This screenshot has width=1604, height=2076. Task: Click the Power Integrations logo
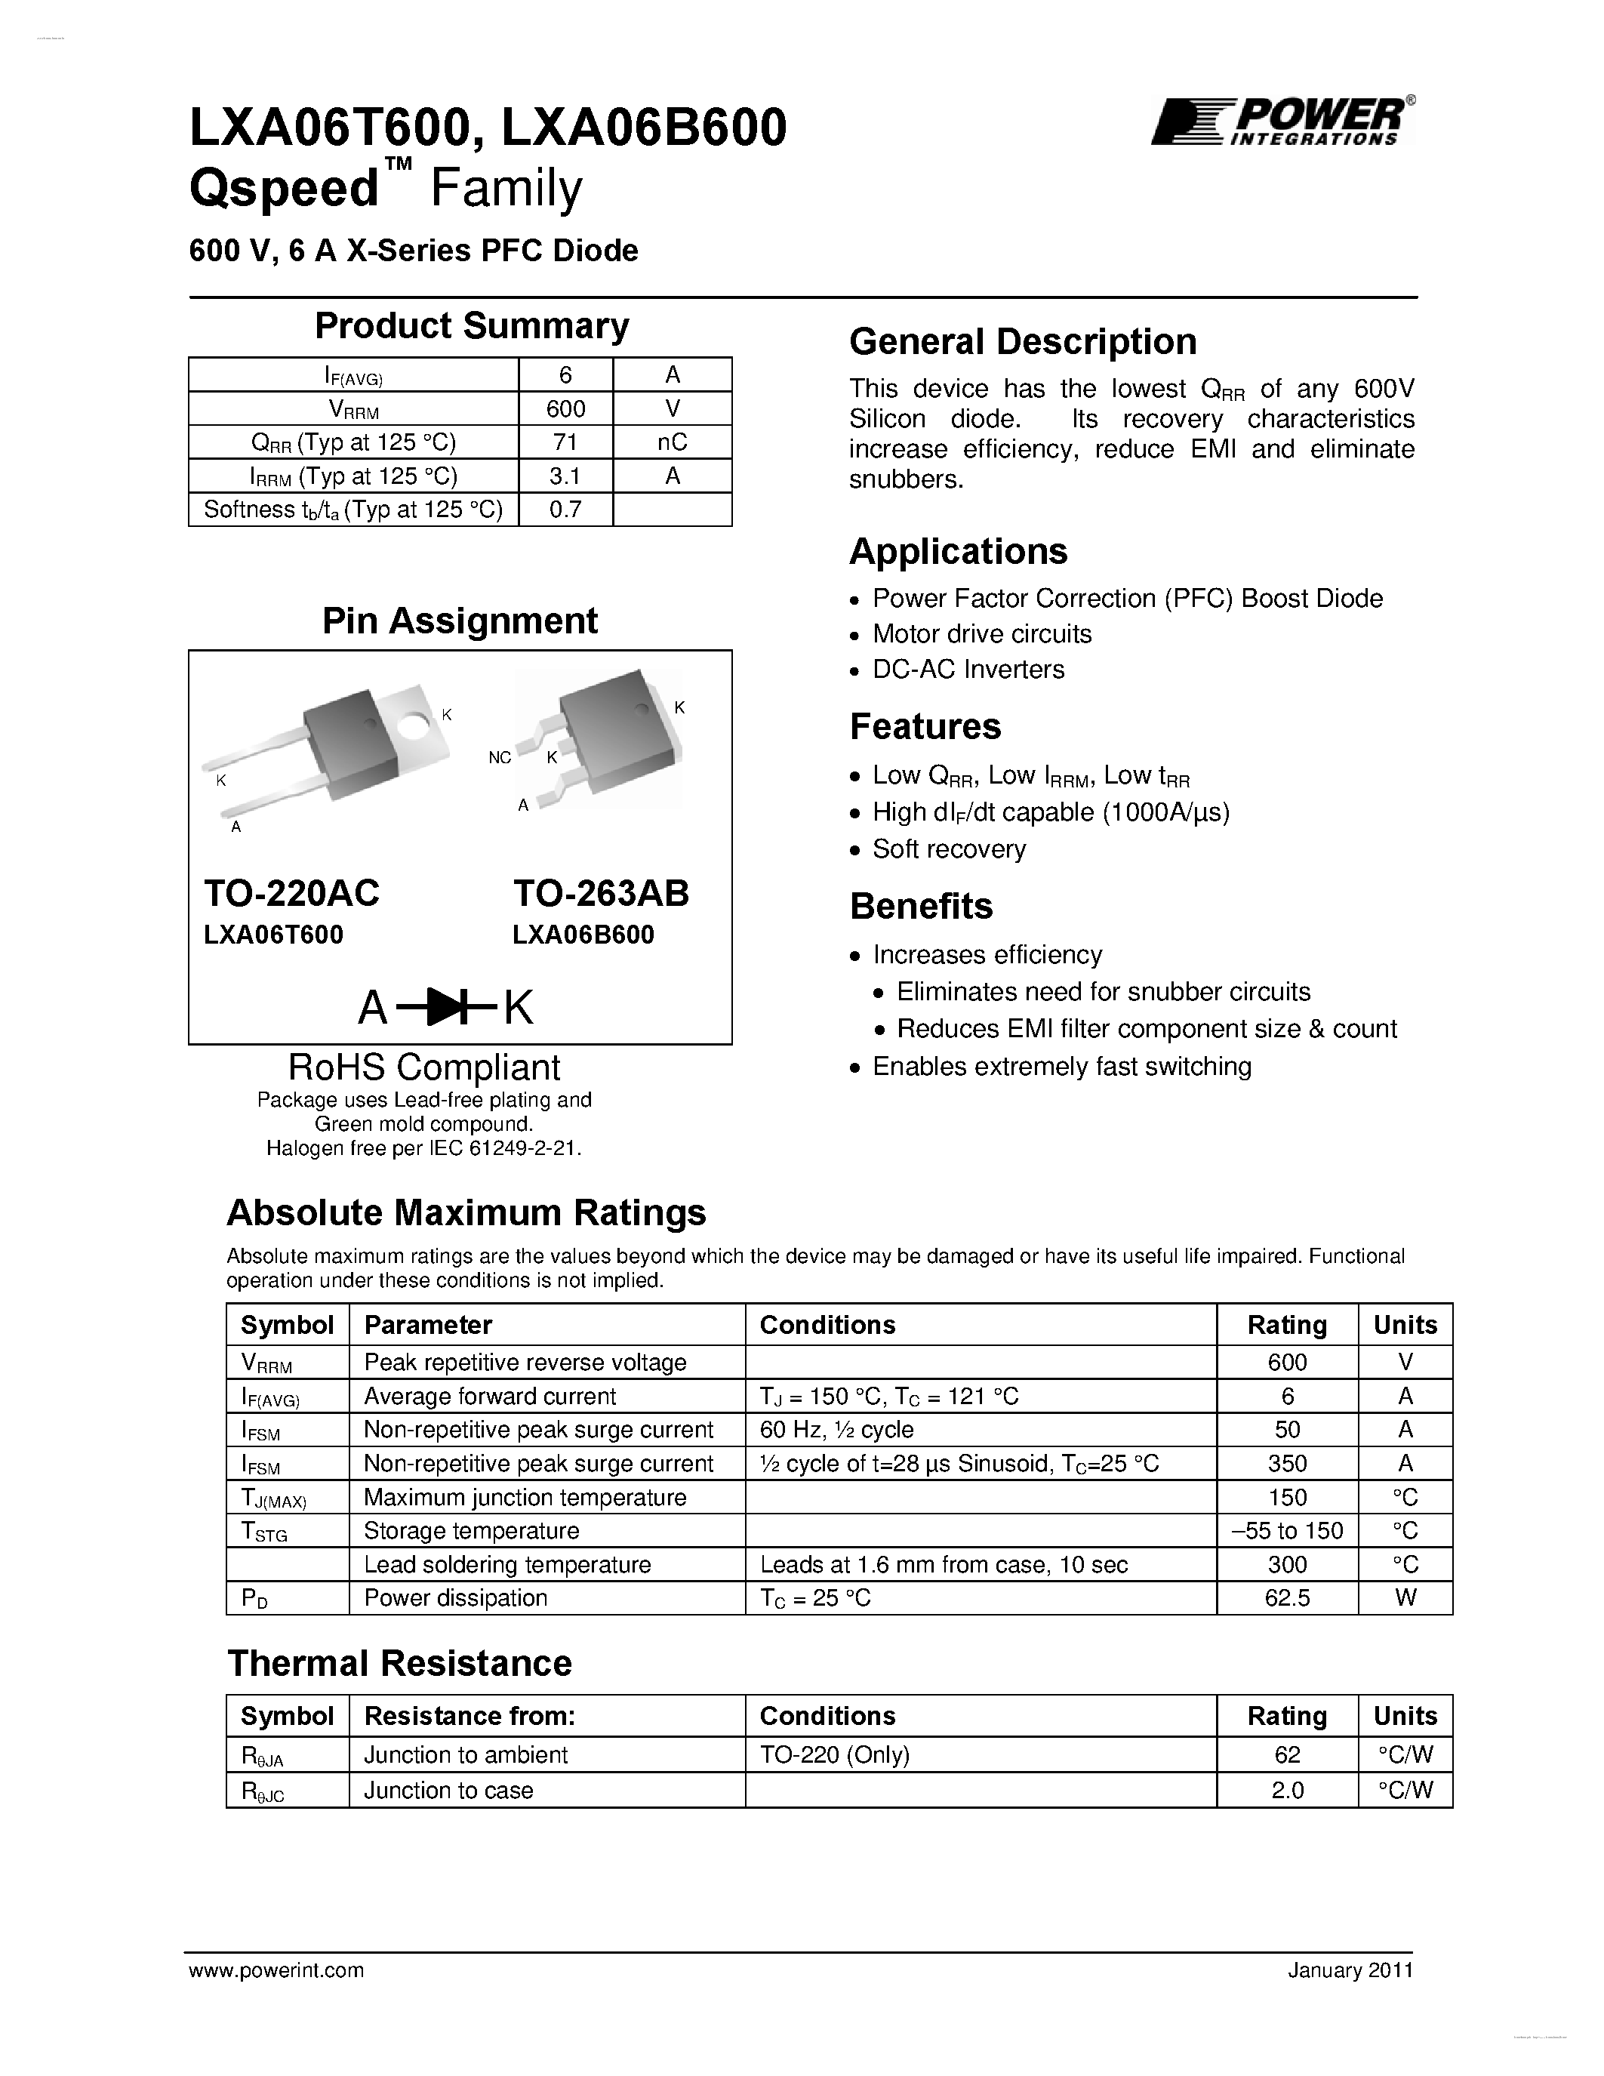1282,122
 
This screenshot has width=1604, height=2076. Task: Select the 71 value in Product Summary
565,442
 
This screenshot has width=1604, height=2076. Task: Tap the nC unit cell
672,442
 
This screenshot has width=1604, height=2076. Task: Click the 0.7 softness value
565,510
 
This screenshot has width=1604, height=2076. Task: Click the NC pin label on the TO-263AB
500,758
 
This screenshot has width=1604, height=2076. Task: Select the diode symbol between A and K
445,1008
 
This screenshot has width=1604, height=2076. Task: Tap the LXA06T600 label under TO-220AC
274,935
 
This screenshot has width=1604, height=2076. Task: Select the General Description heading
1023,342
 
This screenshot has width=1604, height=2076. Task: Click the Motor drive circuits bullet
981,634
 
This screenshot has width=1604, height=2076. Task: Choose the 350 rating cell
1287,1464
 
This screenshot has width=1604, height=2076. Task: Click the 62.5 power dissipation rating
1287,1598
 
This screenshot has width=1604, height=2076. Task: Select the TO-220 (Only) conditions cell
834,1754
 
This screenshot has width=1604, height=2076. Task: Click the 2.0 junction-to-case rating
1287,1791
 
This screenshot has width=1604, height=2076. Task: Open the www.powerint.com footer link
276,1970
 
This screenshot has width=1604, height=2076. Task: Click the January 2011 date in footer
1350,1970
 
